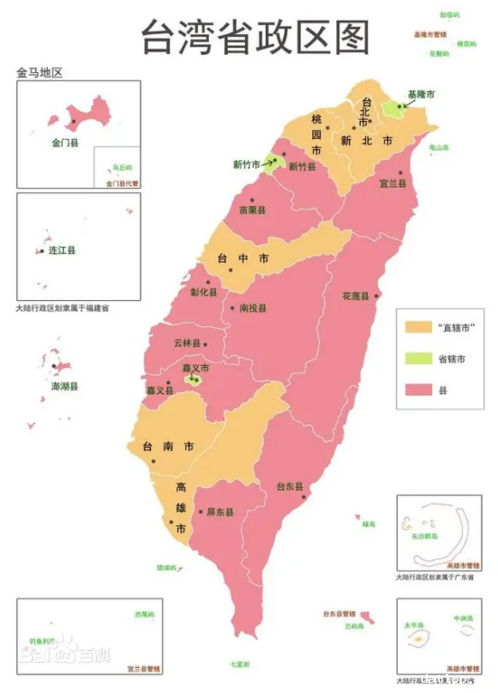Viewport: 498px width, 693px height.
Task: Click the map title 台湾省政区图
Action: click(x=255, y=37)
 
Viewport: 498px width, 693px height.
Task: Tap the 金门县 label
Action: click(x=64, y=143)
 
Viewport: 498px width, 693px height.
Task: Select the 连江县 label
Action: click(x=62, y=250)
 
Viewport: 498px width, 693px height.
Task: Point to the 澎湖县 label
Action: click(x=64, y=387)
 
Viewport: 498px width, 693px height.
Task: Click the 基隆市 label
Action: click(x=421, y=93)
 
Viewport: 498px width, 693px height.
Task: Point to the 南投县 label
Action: click(x=253, y=307)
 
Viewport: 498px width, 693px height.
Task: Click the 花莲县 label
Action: click(x=355, y=296)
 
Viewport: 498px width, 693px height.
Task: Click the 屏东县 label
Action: click(x=219, y=512)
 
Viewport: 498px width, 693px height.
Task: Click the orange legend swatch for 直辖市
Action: click(x=417, y=327)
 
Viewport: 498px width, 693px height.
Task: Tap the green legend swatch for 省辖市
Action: click(x=417, y=358)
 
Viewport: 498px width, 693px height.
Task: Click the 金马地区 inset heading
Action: click(x=40, y=73)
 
